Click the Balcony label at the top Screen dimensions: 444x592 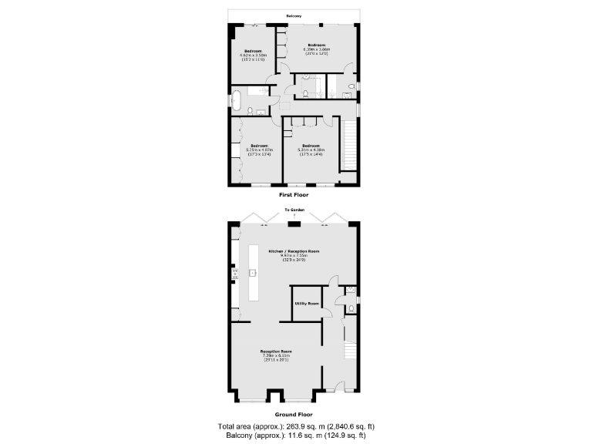click(x=294, y=16)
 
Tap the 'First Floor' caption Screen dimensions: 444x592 click(x=293, y=195)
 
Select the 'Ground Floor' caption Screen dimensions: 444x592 click(x=293, y=414)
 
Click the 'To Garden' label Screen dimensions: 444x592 click(x=293, y=210)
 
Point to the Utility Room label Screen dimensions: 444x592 click(x=306, y=304)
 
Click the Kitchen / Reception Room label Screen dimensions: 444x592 click(x=293, y=252)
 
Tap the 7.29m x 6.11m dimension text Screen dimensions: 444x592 click(x=275, y=355)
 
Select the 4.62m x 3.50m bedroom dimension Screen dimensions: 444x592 click(x=253, y=55)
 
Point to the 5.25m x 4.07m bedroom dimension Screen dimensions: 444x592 click(x=258, y=150)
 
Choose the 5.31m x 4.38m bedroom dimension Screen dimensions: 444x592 click(x=311, y=150)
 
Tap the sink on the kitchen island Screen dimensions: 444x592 click(x=252, y=272)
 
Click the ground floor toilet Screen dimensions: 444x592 click(x=351, y=308)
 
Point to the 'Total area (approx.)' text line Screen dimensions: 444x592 click(x=296, y=426)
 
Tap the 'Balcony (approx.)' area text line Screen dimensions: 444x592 click(x=296, y=436)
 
